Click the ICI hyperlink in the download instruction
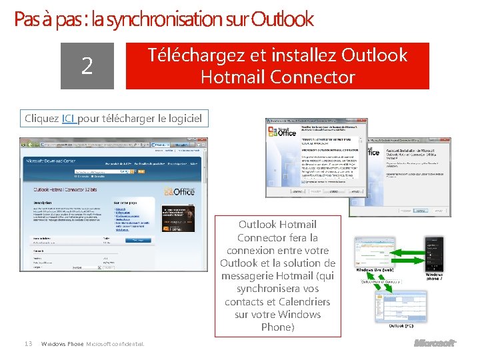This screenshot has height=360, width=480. [x=69, y=119]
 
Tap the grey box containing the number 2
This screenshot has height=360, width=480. [x=87, y=66]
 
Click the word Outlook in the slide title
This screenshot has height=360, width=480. [x=283, y=19]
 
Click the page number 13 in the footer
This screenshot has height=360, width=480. [x=28, y=343]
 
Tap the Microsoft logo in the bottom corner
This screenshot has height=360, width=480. [x=435, y=343]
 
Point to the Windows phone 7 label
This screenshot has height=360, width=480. [x=434, y=277]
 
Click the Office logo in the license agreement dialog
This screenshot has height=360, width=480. [x=282, y=131]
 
